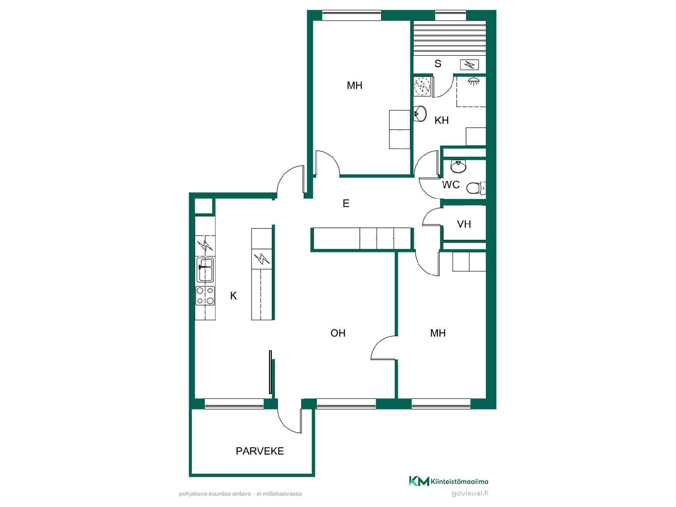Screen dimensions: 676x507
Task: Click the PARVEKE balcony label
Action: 259,451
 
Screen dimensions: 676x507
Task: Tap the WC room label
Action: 451,185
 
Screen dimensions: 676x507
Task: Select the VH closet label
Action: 464,224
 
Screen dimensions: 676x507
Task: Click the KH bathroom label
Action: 442,120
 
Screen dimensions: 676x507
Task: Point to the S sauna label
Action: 438,64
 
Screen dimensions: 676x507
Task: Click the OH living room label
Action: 338,333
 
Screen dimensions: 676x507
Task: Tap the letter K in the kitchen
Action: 233,296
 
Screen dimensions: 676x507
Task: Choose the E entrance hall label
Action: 346,203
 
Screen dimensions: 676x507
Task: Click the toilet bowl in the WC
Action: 476,188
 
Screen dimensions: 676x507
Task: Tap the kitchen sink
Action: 205,270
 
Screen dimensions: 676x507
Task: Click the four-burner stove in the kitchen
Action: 205,296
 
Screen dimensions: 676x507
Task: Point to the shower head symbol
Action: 474,81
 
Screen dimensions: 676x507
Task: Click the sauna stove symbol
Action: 469,65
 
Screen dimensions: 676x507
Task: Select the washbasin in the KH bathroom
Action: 420,114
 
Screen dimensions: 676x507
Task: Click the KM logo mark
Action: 419,481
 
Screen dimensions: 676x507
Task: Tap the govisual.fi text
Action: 470,493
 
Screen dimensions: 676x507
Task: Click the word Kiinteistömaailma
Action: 459,481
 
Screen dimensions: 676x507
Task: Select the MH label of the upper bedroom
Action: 355,86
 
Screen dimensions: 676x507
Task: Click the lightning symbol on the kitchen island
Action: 262,259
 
